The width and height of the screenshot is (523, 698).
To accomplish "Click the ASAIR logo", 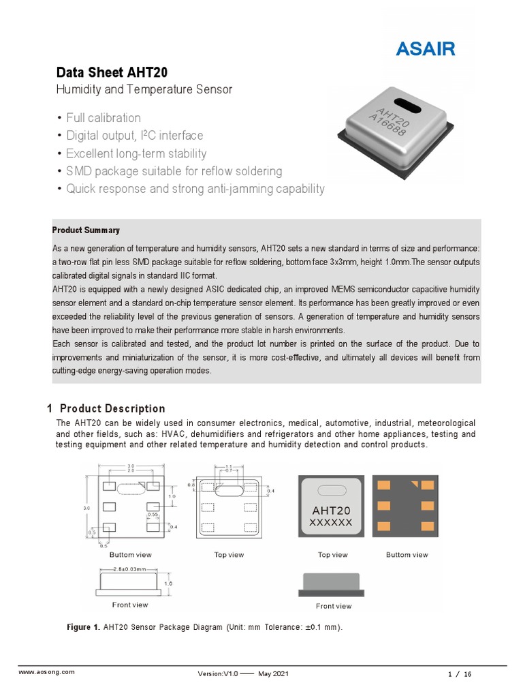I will tap(426, 49).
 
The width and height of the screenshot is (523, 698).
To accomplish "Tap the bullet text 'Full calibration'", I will tap(104, 117).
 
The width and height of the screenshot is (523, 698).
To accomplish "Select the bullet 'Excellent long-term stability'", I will tap(136, 153).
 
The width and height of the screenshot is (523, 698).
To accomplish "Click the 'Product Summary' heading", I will tap(86, 230).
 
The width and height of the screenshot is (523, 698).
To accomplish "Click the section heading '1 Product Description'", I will tap(106, 409).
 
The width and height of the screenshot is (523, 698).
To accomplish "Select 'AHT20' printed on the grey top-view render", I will tap(331, 511).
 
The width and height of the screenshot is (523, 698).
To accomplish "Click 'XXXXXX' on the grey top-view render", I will tap(331, 523).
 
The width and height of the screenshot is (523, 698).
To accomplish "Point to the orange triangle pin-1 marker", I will tap(413, 483).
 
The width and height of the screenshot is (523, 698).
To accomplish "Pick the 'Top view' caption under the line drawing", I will tap(229, 555).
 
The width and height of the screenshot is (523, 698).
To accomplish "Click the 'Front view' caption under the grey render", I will tap(334, 606).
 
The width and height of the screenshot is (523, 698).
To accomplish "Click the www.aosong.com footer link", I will tap(46, 672).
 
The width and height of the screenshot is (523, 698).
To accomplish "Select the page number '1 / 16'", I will tap(460, 673).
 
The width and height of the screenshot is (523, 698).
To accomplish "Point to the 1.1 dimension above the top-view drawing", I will tap(229, 467).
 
